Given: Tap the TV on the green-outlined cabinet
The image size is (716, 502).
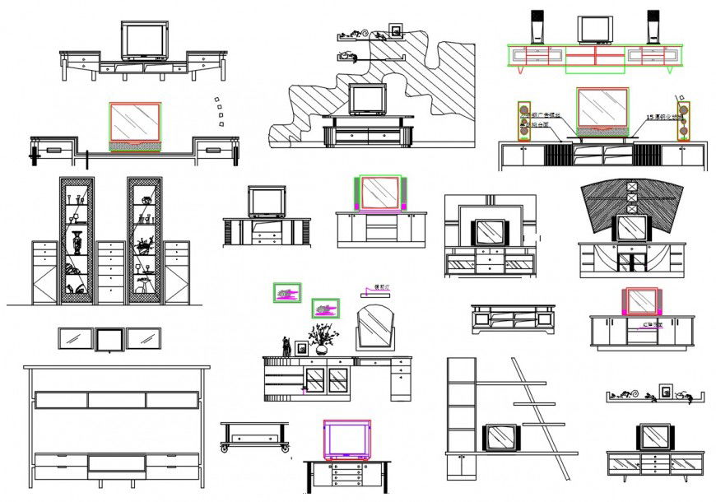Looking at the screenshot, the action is click(596, 29).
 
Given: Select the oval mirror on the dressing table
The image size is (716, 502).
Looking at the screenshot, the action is click(374, 327).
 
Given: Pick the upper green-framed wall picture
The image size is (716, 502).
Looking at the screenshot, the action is click(286, 292).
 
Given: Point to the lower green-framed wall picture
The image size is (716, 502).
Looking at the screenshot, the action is click(325, 308).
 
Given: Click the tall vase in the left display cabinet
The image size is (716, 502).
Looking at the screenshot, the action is click(77, 242).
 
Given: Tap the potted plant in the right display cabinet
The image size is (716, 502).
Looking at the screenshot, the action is click(144, 245).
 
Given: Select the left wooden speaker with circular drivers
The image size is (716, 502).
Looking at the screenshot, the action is click(523, 120).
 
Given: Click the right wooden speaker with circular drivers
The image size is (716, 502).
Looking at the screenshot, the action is click(683, 120).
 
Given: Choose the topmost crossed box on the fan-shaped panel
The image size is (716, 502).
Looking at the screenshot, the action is click(632, 187).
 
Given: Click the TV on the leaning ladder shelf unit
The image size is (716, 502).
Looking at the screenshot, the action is click(501, 437).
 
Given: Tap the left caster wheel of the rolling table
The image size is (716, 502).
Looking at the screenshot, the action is click(225, 449).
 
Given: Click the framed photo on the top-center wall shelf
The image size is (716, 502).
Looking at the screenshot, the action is click(397, 30).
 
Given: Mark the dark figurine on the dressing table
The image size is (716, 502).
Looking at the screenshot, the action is click(286, 346).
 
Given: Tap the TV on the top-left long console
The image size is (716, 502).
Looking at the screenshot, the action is click(145, 40).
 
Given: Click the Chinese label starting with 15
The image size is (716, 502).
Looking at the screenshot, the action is click(663, 117).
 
